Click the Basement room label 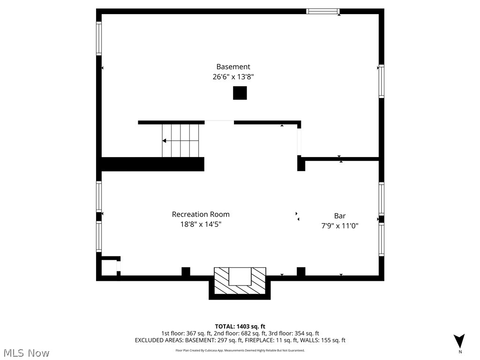[233, 67]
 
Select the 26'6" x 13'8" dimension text [233, 77]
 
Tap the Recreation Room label [201, 214]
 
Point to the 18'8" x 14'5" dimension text [201, 225]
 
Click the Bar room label [340, 216]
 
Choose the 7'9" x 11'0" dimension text [340, 226]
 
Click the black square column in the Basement [240, 93]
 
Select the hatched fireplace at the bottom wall [240, 283]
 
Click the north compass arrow [459, 341]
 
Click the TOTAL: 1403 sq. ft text [240, 326]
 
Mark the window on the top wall [322, 11]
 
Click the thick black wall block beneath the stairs [153, 164]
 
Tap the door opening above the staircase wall [219, 122]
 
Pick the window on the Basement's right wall [381, 81]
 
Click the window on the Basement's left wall [99, 38]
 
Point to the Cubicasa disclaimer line [240, 350]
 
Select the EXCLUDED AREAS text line [240, 340]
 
